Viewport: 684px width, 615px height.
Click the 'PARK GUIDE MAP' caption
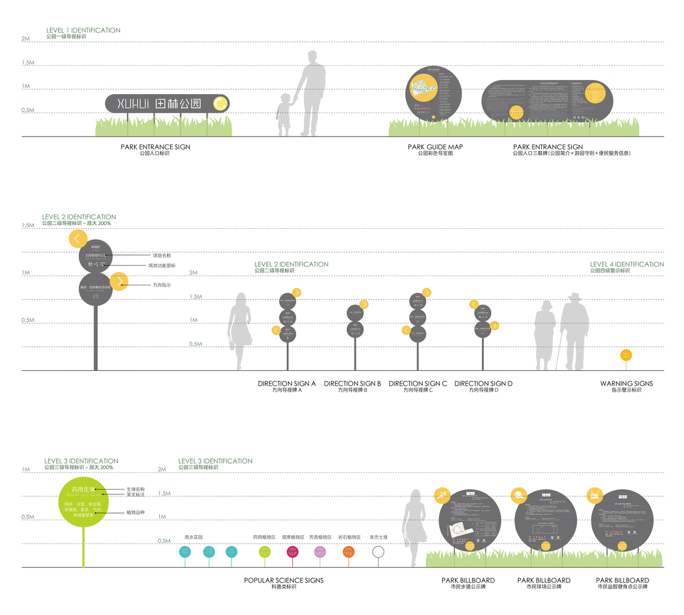pyautogui.click(x=435, y=147)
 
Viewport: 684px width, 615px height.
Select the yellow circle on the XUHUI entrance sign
pyautogui.click(x=219, y=104)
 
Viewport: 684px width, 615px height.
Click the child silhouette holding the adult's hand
pyautogui.click(x=284, y=114)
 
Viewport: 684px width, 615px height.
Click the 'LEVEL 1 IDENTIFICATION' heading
pyautogui.click(x=83, y=30)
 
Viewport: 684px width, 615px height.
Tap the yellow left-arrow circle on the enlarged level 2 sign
pyautogui.click(x=78, y=239)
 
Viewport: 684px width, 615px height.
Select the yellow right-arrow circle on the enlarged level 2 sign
pyautogui.click(x=119, y=282)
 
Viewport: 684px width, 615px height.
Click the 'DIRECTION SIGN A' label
pyautogui.click(x=287, y=384)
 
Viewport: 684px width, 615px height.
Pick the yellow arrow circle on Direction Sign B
pyautogui.click(x=364, y=304)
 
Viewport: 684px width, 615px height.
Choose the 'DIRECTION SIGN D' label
pyautogui.click(x=483, y=384)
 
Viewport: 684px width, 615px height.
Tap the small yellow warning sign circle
pyautogui.click(x=626, y=355)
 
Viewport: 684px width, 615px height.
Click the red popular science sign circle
pyautogui.click(x=292, y=552)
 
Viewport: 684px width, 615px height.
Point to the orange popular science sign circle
pyautogui.click(x=348, y=552)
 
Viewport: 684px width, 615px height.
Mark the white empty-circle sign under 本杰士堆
pyautogui.click(x=378, y=552)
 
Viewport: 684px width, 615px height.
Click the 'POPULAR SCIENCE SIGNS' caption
pyautogui.click(x=283, y=581)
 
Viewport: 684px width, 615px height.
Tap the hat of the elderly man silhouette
pyautogui.click(x=574, y=296)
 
